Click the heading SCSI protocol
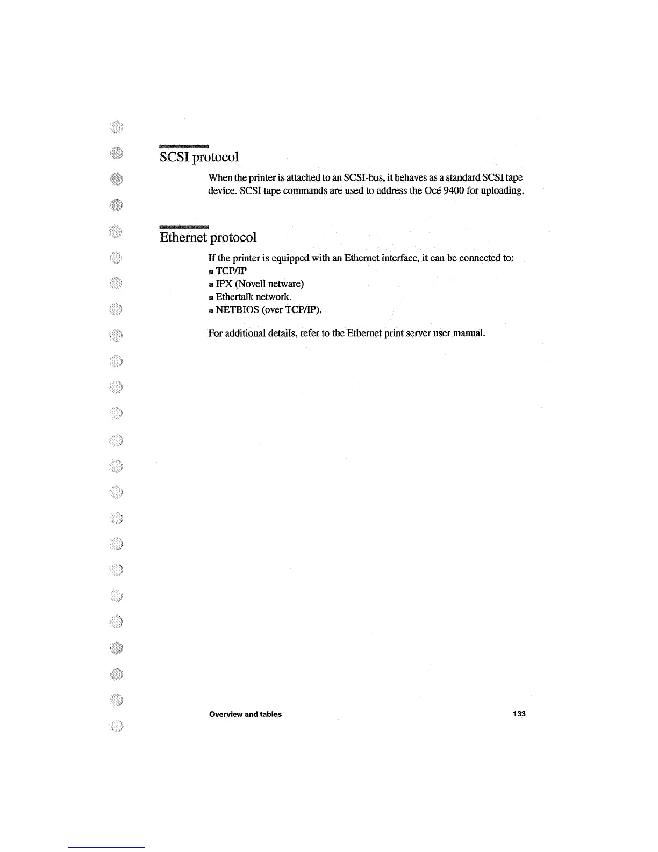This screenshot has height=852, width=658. (x=199, y=157)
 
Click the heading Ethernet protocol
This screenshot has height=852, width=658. (x=208, y=237)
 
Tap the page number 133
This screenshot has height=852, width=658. (x=519, y=714)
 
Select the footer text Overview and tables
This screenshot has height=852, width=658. (x=245, y=714)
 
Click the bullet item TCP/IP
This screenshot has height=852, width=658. (x=231, y=271)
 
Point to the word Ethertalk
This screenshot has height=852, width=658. (x=234, y=296)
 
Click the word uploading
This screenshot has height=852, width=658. (x=501, y=190)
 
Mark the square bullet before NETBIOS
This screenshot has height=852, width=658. (x=211, y=310)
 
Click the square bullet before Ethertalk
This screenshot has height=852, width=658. (x=211, y=297)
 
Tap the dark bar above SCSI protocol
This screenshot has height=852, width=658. (x=183, y=146)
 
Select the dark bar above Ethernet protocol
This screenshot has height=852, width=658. (x=183, y=226)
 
